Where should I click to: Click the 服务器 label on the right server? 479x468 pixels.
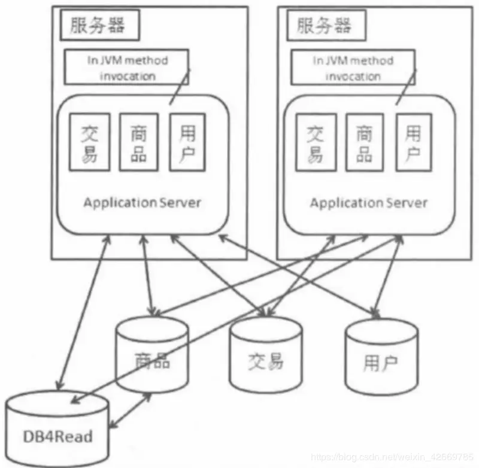click(x=323, y=26)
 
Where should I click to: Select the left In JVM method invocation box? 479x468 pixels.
click(x=126, y=68)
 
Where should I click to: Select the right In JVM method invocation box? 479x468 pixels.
click(x=353, y=68)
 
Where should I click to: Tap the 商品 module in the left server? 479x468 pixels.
click(x=138, y=143)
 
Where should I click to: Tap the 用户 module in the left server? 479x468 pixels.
click(x=187, y=143)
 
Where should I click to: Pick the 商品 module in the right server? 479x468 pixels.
click(x=365, y=143)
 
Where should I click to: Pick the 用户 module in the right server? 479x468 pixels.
click(x=413, y=143)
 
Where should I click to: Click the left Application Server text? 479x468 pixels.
click(x=142, y=202)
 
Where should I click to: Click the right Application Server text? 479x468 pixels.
click(x=368, y=202)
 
